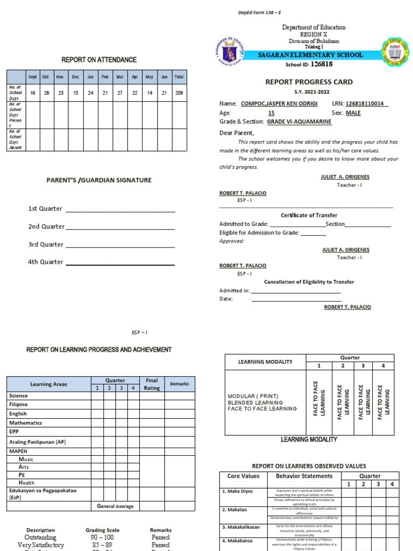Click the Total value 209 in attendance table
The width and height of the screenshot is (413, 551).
(x=179, y=93)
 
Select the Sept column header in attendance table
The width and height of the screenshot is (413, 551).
(x=32, y=77)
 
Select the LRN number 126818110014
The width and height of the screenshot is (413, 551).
(x=366, y=104)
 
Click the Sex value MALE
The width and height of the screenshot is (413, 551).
(x=353, y=113)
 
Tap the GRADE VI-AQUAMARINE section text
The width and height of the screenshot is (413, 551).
(x=299, y=122)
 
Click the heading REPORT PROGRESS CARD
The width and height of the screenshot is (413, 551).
(x=309, y=82)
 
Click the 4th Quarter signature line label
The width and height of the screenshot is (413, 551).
(x=46, y=262)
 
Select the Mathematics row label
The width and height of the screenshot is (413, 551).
(x=25, y=423)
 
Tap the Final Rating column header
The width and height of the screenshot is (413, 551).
(x=152, y=384)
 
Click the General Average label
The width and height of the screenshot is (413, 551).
(x=115, y=506)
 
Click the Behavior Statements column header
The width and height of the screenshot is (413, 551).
(x=304, y=476)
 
